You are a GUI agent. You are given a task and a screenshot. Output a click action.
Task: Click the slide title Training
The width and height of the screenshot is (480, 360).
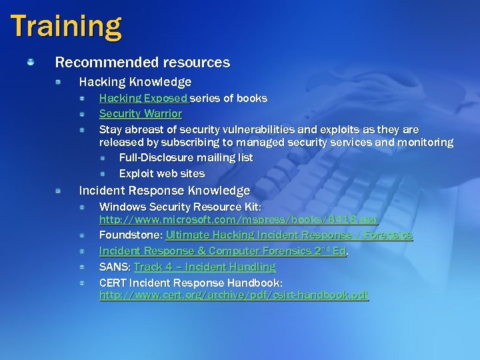(x=66, y=26)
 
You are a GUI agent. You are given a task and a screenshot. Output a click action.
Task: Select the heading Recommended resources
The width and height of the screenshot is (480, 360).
(x=142, y=63)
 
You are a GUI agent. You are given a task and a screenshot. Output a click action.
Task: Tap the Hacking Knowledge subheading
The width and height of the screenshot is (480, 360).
(x=135, y=82)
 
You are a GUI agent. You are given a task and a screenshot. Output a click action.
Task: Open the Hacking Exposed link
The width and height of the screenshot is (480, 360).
(x=143, y=99)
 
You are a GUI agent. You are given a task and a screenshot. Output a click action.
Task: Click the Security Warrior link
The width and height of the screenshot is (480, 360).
(x=140, y=114)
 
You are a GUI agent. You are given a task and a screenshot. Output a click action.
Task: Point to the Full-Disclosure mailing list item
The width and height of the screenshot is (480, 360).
(x=185, y=158)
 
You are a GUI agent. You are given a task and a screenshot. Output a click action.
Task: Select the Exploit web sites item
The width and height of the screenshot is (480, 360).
(x=161, y=173)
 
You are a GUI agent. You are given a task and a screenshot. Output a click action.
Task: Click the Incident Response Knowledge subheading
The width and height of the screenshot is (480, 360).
(x=164, y=191)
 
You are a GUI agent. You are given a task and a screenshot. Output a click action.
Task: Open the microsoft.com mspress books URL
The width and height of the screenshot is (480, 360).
(x=238, y=219)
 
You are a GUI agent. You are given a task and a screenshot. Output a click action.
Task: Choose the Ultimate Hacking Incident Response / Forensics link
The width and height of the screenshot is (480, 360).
(x=289, y=235)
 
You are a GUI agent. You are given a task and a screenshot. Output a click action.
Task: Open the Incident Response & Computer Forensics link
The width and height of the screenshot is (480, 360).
(x=222, y=251)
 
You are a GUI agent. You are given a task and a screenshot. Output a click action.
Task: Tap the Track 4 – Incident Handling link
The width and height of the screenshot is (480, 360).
(x=204, y=267)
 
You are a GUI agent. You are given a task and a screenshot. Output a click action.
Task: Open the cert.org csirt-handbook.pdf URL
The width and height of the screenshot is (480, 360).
(x=233, y=295)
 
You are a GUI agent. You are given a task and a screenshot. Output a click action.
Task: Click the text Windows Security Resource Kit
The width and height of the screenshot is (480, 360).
(x=175, y=207)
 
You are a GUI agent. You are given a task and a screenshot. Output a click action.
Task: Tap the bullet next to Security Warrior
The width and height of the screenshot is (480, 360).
(x=81, y=114)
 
